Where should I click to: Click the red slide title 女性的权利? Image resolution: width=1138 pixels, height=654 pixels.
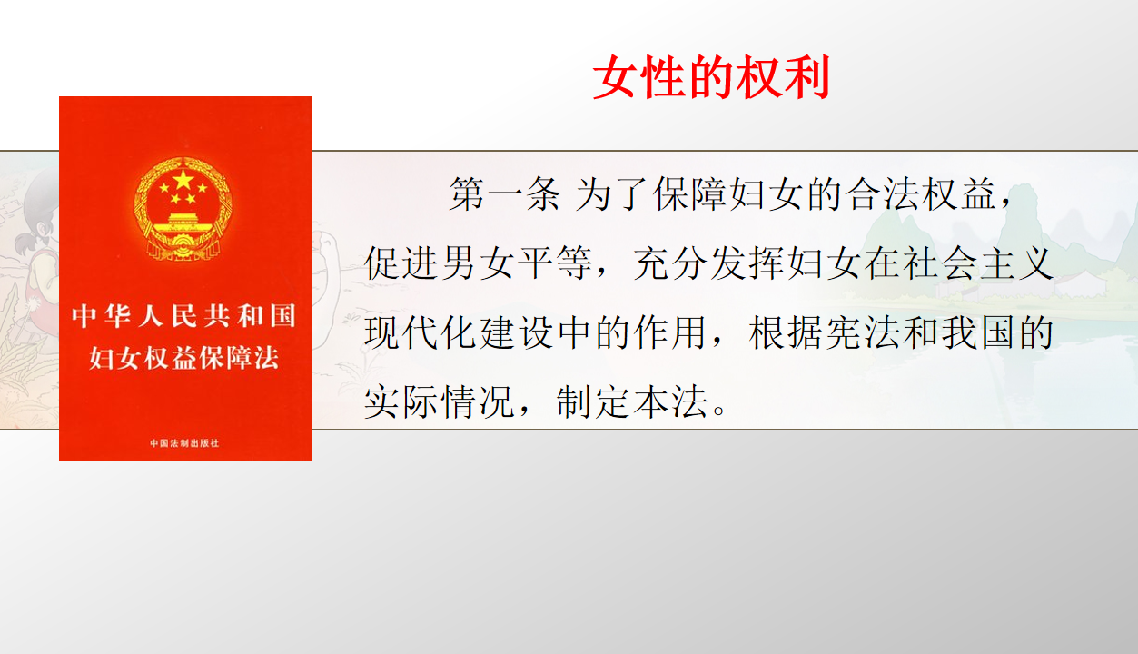pos(711,77)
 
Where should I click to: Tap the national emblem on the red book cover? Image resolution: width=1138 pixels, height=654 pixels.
pos(183,208)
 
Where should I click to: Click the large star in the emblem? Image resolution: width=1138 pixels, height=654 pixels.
pos(183,179)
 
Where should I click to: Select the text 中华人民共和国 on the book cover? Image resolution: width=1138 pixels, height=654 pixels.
pos(183,315)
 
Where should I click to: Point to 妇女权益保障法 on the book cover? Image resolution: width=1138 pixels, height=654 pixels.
pos(183,358)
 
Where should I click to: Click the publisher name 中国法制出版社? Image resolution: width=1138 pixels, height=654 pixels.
pos(184,443)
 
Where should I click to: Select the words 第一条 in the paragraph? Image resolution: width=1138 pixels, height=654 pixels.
pos(505,194)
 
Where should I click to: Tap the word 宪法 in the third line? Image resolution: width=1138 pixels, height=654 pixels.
pos(863,332)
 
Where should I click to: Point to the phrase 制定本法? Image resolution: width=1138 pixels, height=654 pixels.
pos(632,402)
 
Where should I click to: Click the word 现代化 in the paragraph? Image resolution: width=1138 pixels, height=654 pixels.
pos(421,332)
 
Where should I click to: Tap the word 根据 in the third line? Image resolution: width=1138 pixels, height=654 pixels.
pos(786,332)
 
